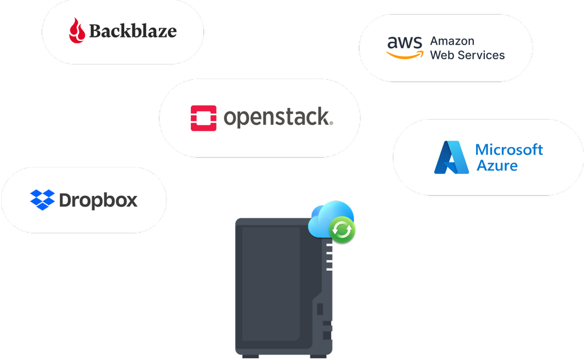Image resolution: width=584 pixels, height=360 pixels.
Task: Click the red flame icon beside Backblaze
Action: click(x=77, y=30)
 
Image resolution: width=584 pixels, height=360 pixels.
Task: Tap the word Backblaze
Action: click(x=133, y=31)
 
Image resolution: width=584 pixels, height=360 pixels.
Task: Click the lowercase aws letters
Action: click(x=404, y=43)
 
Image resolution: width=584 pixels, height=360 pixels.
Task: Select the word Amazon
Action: click(x=452, y=41)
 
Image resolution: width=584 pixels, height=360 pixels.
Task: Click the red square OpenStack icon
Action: click(x=203, y=118)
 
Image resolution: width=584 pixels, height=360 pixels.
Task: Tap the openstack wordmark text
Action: click(x=277, y=118)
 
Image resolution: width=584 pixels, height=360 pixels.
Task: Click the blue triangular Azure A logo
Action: click(x=450, y=157)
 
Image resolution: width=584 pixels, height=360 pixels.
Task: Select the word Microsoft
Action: click(x=509, y=150)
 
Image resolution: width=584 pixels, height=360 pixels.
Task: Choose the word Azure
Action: click(x=497, y=165)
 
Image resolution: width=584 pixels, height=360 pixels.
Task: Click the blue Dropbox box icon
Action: click(x=42, y=200)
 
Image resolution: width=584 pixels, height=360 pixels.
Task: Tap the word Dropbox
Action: click(x=99, y=201)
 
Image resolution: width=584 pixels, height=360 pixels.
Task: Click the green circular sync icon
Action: click(x=342, y=230)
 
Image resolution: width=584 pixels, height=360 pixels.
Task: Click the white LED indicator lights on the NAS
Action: click(x=329, y=257)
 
